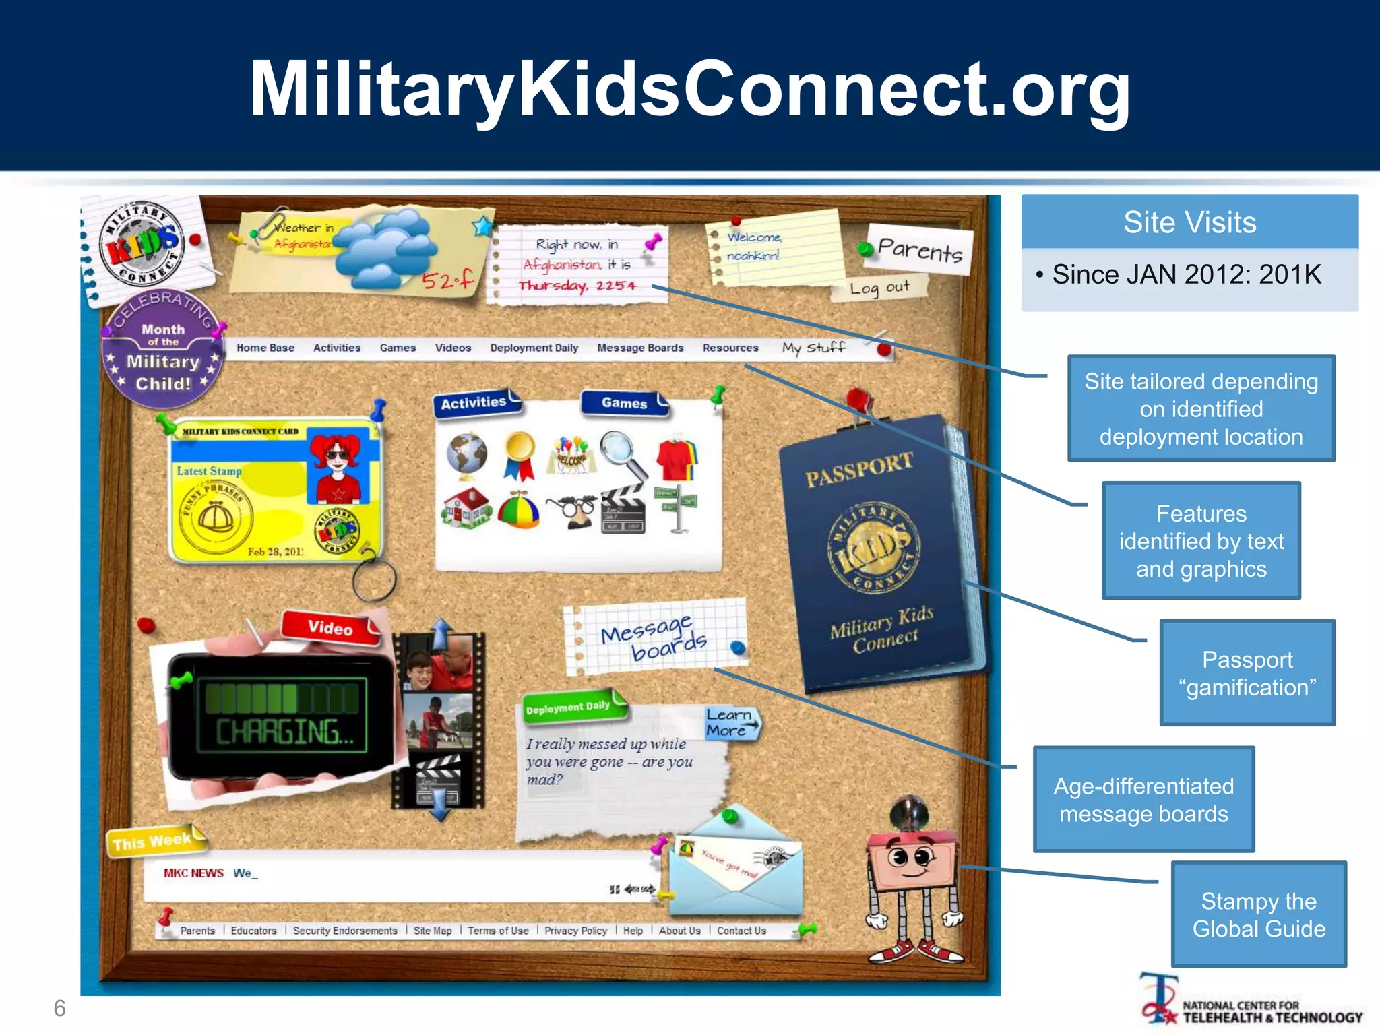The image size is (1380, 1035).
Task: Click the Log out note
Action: click(879, 288)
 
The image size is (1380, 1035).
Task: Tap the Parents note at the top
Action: click(920, 250)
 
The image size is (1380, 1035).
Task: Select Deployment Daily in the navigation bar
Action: click(534, 348)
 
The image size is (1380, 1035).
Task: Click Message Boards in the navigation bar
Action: click(640, 348)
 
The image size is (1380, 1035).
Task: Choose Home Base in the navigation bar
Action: click(265, 348)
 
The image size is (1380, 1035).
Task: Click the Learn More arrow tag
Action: click(730, 722)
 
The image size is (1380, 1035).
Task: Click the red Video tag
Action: click(331, 627)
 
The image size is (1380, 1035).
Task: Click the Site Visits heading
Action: click(1189, 222)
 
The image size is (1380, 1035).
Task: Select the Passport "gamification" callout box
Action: click(1247, 673)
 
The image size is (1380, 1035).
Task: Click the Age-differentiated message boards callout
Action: click(1143, 800)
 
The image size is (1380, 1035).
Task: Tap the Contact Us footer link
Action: click(741, 931)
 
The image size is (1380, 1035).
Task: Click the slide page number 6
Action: click(60, 1008)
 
